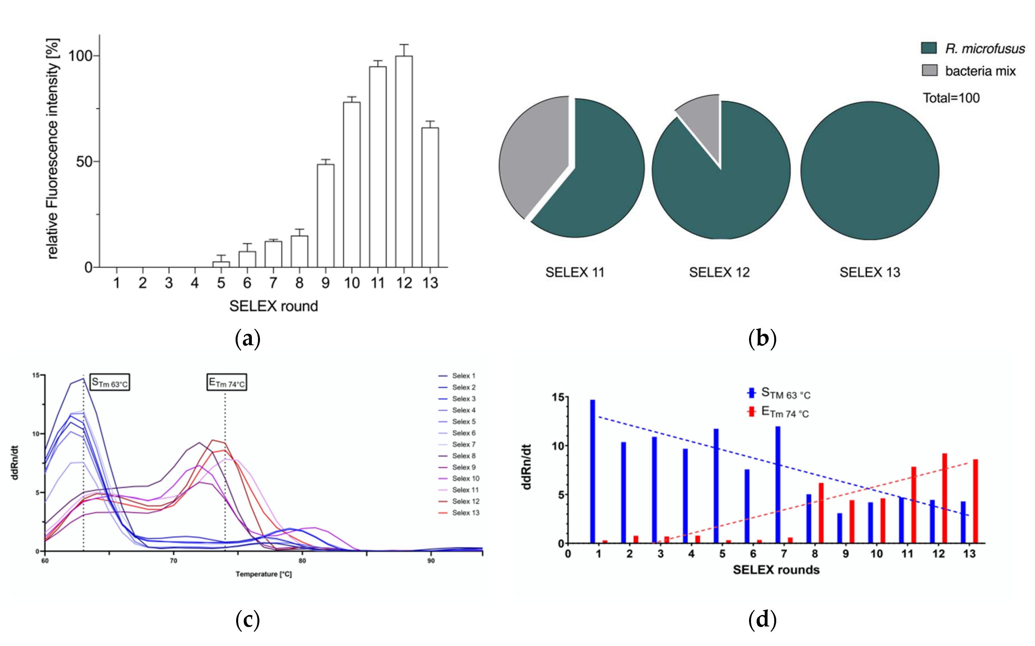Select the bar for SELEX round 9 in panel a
(326, 216)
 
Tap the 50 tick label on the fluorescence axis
(84, 162)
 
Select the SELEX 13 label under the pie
(870, 272)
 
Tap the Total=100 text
(951, 98)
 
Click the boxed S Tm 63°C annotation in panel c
(110, 382)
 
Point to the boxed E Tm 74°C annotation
(227, 382)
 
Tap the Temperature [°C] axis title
(264, 574)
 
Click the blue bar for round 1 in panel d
(593, 471)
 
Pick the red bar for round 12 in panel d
(944, 498)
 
